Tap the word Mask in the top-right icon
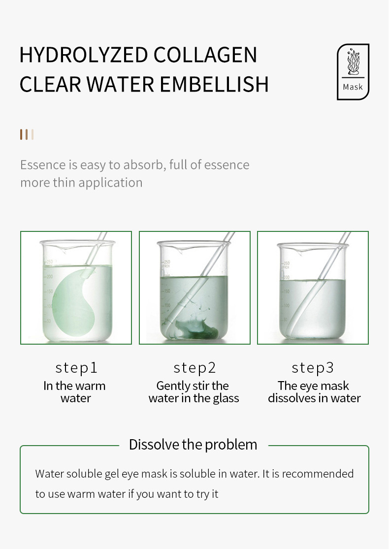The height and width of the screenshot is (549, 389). coord(353,87)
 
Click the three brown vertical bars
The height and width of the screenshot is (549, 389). coord(27,134)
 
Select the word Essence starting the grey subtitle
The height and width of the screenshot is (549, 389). coord(43,164)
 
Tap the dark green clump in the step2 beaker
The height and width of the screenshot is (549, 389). coord(197,330)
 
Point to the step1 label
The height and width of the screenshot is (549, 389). coord(76,368)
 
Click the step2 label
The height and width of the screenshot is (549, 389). coord(194,368)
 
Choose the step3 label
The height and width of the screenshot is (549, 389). coord(313,368)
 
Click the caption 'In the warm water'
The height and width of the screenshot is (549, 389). coord(75,392)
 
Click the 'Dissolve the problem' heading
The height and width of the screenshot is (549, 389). coord(193,445)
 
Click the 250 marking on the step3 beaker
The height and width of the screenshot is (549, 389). coord(286,263)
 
